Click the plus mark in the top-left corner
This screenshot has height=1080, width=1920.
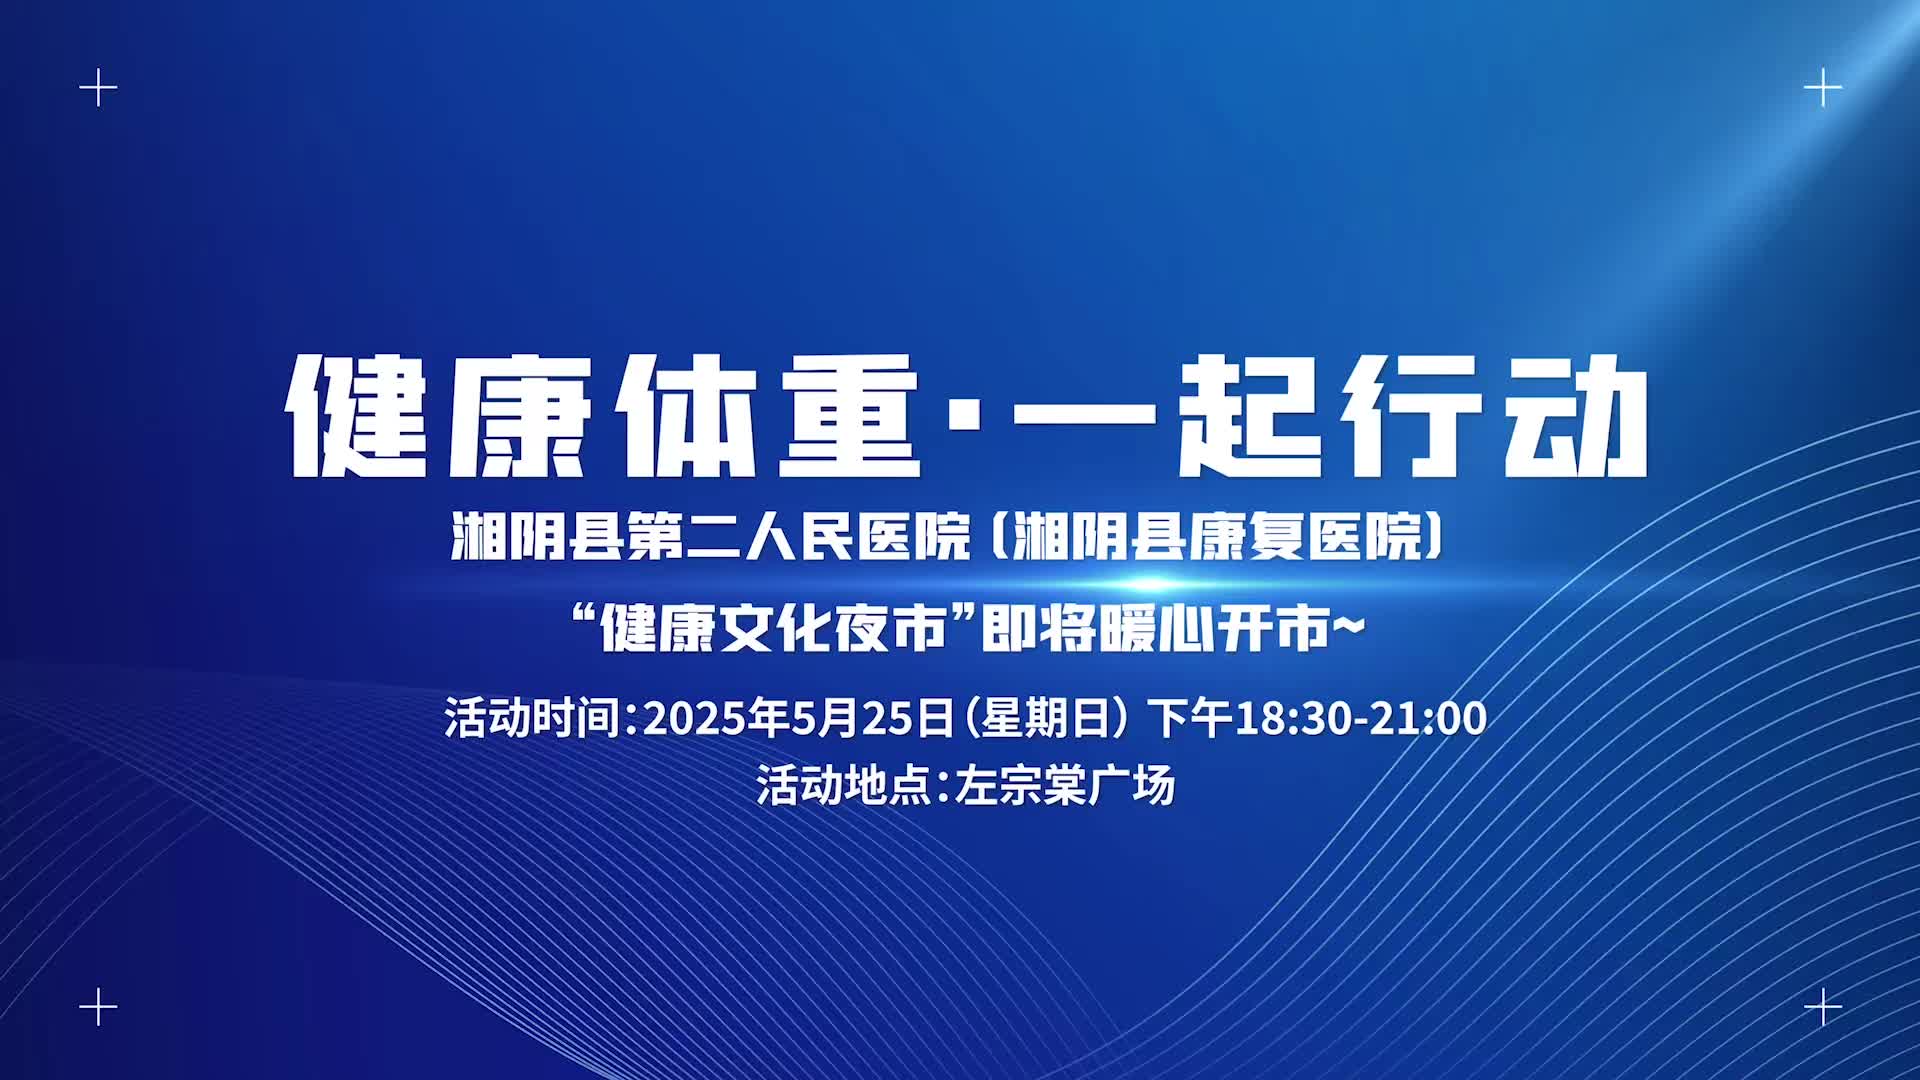point(98,89)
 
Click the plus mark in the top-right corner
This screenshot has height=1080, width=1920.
point(1823,89)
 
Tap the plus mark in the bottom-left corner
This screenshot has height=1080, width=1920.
point(98,1006)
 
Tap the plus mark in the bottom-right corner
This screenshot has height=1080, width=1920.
point(1823,1006)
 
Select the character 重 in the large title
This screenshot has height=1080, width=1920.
point(849,415)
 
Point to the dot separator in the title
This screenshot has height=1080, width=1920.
point(966,415)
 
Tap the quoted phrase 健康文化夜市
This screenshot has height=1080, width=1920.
point(774,629)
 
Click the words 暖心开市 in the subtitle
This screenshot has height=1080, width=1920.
point(1215,629)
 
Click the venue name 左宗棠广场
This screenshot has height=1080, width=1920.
point(1065,785)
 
